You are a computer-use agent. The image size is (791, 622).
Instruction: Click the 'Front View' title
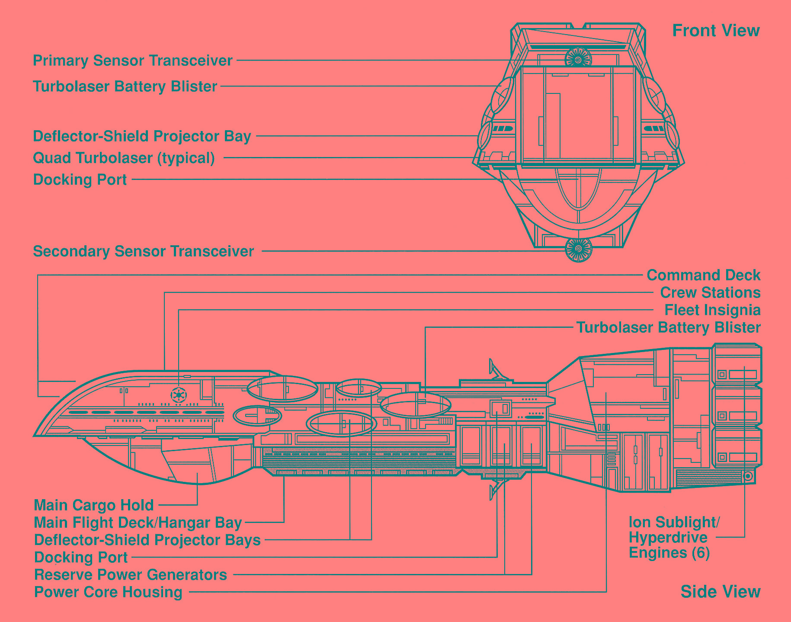716,31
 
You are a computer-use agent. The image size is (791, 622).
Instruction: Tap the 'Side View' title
720,591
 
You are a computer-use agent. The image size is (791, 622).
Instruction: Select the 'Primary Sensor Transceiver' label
133,61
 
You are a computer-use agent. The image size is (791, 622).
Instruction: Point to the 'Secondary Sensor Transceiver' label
143,251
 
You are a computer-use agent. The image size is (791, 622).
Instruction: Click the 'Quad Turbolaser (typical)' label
124,158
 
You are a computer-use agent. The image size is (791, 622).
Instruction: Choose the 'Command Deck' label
703,275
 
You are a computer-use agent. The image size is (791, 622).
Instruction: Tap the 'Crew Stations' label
710,293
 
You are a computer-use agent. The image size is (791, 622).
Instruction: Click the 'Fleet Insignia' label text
712,310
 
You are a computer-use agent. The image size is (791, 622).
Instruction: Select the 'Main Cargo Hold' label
94,505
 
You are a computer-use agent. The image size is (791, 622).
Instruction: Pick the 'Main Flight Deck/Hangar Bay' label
138,523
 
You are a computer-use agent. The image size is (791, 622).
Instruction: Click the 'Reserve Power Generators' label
131,575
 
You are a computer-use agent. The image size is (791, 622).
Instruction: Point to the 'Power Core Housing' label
108,592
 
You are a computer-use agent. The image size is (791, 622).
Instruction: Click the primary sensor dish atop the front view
578,59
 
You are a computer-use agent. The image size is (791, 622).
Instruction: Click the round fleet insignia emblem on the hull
178,394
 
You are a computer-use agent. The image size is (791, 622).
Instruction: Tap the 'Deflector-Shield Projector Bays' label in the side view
147,540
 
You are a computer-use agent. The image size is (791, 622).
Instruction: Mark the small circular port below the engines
748,477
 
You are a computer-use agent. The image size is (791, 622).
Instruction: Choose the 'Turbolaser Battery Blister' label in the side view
668,327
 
